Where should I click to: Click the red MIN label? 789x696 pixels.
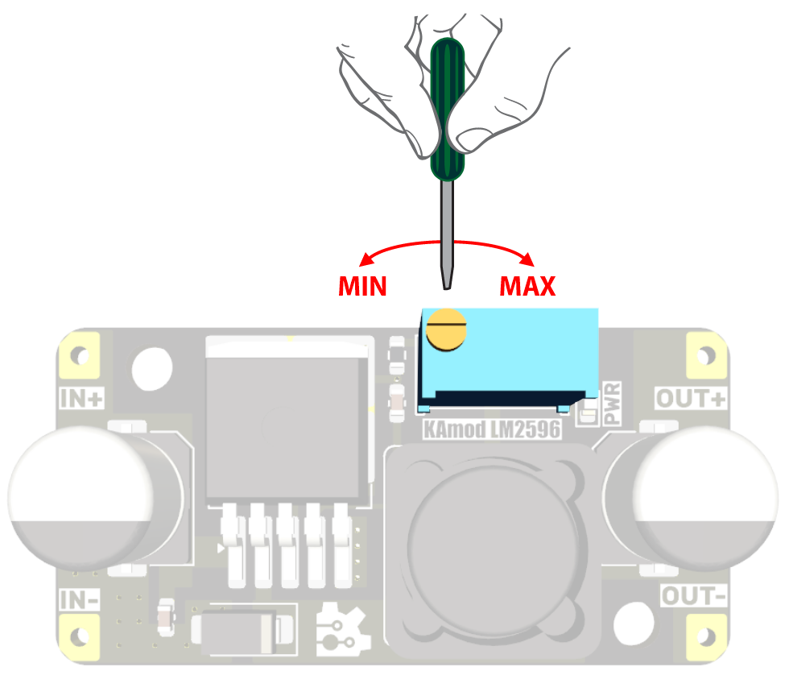(x=362, y=286)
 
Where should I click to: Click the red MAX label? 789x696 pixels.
(x=527, y=286)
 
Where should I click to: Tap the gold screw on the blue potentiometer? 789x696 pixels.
(x=447, y=330)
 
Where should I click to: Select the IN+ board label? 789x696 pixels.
(x=82, y=398)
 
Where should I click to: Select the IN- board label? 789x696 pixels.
(x=81, y=600)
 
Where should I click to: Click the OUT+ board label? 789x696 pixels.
(x=691, y=398)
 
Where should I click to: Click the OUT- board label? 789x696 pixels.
(x=694, y=596)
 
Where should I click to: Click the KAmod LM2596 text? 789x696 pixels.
(x=491, y=430)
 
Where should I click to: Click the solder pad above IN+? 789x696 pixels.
(x=79, y=356)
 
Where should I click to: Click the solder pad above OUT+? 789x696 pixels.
(x=706, y=355)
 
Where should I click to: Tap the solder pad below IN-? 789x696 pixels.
(x=79, y=637)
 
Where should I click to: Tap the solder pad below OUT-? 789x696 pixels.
(x=706, y=636)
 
